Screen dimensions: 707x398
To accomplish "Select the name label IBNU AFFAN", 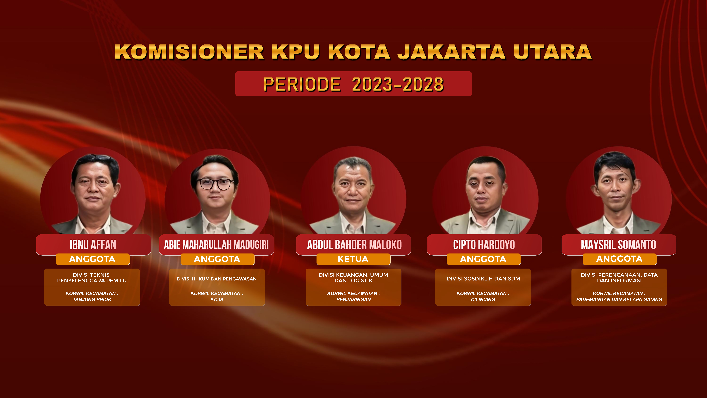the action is click(x=93, y=245).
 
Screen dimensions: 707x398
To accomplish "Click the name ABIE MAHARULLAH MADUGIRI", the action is click(x=216, y=245).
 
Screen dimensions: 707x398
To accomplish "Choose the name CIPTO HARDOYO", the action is click(x=484, y=245).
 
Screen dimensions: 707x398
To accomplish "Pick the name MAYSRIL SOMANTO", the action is click(x=618, y=245).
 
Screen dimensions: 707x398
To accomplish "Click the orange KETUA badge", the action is click(x=353, y=259).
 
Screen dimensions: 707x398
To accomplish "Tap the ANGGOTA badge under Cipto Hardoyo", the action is click(x=483, y=259).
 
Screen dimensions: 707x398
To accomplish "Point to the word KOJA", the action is click(x=217, y=299).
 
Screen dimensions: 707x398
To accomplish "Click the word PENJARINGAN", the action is click(x=353, y=299).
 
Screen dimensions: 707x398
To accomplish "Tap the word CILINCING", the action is click(x=483, y=299).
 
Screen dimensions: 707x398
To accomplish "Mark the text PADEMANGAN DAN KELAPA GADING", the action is click(x=619, y=299).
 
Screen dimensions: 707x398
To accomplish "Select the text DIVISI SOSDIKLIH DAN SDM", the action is click(x=483, y=279).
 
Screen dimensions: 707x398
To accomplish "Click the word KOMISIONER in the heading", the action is click(x=189, y=52).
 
